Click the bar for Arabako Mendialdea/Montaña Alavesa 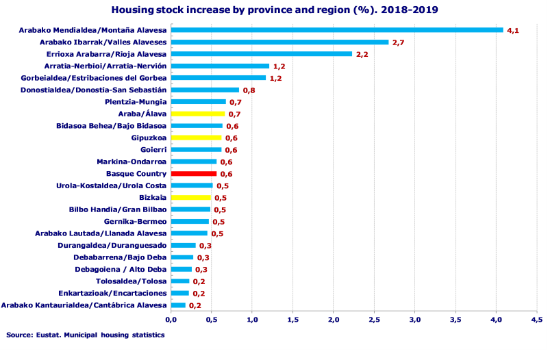(x=336, y=30)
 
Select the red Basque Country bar (x=193, y=174)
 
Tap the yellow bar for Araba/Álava (x=197, y=114)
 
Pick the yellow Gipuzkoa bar (x=196, y=138)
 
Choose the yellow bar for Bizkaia (x=190, y=198)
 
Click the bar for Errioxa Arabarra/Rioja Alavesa (x=261, y=54)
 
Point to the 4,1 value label (x=513, y=31)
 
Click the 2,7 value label (x=399, y=42)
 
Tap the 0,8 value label (x=249, y=90)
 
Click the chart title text (x=274, y=10)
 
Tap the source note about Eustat (x=86, y=335)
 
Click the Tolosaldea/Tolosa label (x=131, y=281)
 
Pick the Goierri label (x=153, y=150)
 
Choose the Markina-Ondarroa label (x=131, y=162)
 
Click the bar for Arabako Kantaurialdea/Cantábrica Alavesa (x=178, y=305)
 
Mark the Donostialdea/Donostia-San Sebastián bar (x=205, y=90)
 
